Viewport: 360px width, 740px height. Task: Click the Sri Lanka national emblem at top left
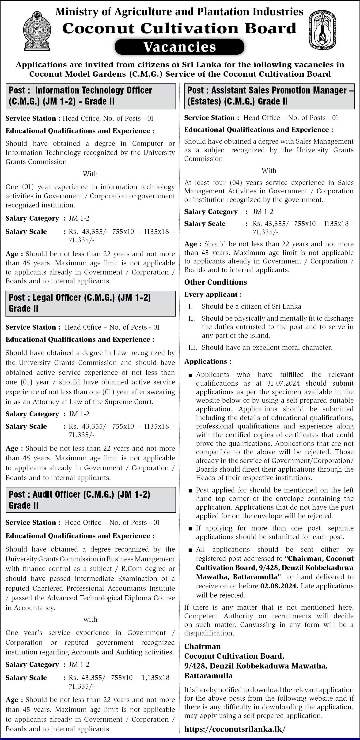37,31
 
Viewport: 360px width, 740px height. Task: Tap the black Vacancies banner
180,47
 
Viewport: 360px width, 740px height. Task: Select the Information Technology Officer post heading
91,96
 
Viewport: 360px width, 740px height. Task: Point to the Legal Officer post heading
91,303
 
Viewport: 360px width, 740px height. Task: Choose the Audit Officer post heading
91,500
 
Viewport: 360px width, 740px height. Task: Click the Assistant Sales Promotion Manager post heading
269,96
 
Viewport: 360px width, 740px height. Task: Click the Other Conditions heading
216,282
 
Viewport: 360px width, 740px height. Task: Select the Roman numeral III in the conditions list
193,348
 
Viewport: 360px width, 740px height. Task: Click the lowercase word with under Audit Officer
90,619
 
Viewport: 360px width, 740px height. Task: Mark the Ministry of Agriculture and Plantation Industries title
180,11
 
